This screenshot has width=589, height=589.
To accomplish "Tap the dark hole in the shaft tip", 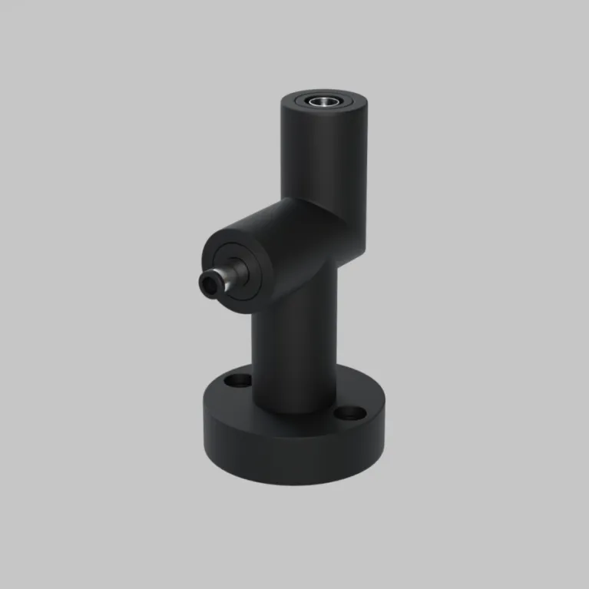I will pyautogui.click(x=208, y=286).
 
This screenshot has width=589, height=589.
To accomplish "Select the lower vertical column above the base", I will pyautogui.click(x=292, y=346).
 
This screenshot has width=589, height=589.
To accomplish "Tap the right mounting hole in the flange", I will pyautogui.click(x=353, y=412).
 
